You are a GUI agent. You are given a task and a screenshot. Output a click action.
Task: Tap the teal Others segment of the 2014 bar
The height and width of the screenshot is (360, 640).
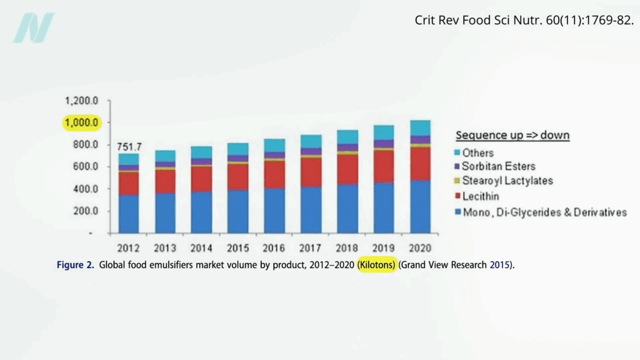tap(201, 152)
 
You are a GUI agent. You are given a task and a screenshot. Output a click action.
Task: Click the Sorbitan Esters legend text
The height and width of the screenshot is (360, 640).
tap(498, 167)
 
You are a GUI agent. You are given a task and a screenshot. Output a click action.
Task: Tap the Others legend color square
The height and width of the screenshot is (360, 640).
tap(457, 152)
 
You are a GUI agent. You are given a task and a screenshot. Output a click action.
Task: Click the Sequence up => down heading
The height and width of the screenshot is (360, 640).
tap(512, 135)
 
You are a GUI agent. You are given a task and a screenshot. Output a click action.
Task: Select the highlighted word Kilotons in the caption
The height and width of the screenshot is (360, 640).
tap(377, 265)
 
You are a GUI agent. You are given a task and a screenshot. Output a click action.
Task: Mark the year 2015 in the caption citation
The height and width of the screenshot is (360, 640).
tap(499, 265)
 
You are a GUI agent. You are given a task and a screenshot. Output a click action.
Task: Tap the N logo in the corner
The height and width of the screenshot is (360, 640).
tap(34, 28)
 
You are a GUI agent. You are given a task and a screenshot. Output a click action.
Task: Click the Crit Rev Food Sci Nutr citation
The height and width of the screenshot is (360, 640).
tap(524, 19)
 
